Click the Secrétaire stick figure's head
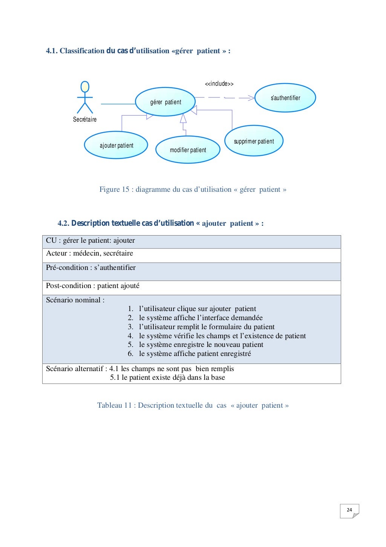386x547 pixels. coord(85,87)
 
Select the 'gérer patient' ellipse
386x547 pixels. coord(165,102)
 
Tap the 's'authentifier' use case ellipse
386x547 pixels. coord(285,98)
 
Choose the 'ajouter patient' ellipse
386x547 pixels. coord(116,145)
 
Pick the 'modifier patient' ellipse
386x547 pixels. coord(188,150)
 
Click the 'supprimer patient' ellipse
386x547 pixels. coord(254,141)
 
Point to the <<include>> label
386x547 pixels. coord(219,84)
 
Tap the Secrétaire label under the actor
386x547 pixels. coord(85,119)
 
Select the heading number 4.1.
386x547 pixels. coord(52,51)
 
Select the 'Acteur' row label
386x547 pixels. coord(57,253)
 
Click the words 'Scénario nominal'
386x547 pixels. coord(74,300)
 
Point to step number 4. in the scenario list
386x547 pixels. coord(130,336)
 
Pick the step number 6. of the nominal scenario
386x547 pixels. coord(130,354)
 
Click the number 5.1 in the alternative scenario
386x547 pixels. coord(115,378)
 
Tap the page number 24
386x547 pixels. coord(349,510)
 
